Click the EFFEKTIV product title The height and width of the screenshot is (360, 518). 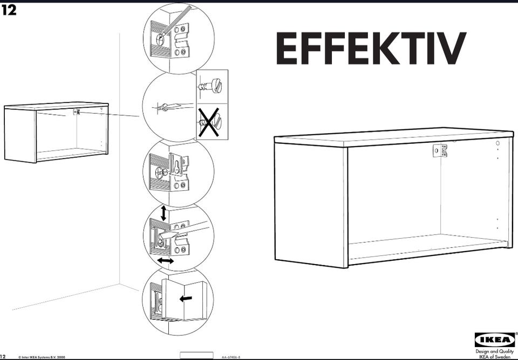[371, 48]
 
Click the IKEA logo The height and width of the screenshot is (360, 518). [495, 340]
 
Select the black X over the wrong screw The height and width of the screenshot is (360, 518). [208, 121]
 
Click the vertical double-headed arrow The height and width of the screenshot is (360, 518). [163, 213]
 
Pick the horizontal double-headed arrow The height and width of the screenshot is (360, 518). [166, 261]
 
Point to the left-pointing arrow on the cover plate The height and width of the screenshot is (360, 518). [186, 299]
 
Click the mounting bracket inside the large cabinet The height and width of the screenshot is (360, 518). [440, 150]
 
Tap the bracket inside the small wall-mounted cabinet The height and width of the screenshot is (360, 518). [77, 112]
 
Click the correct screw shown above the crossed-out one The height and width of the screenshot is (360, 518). [210, 86]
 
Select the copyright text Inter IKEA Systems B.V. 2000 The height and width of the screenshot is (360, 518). [42, 357]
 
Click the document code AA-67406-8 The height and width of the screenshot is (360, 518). [230, 357]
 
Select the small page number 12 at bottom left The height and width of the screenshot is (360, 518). [3, 357]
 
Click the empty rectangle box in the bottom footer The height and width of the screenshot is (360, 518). [196, 356]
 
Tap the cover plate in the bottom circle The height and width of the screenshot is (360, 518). [183, 300]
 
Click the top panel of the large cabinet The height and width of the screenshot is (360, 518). [394, 137]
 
